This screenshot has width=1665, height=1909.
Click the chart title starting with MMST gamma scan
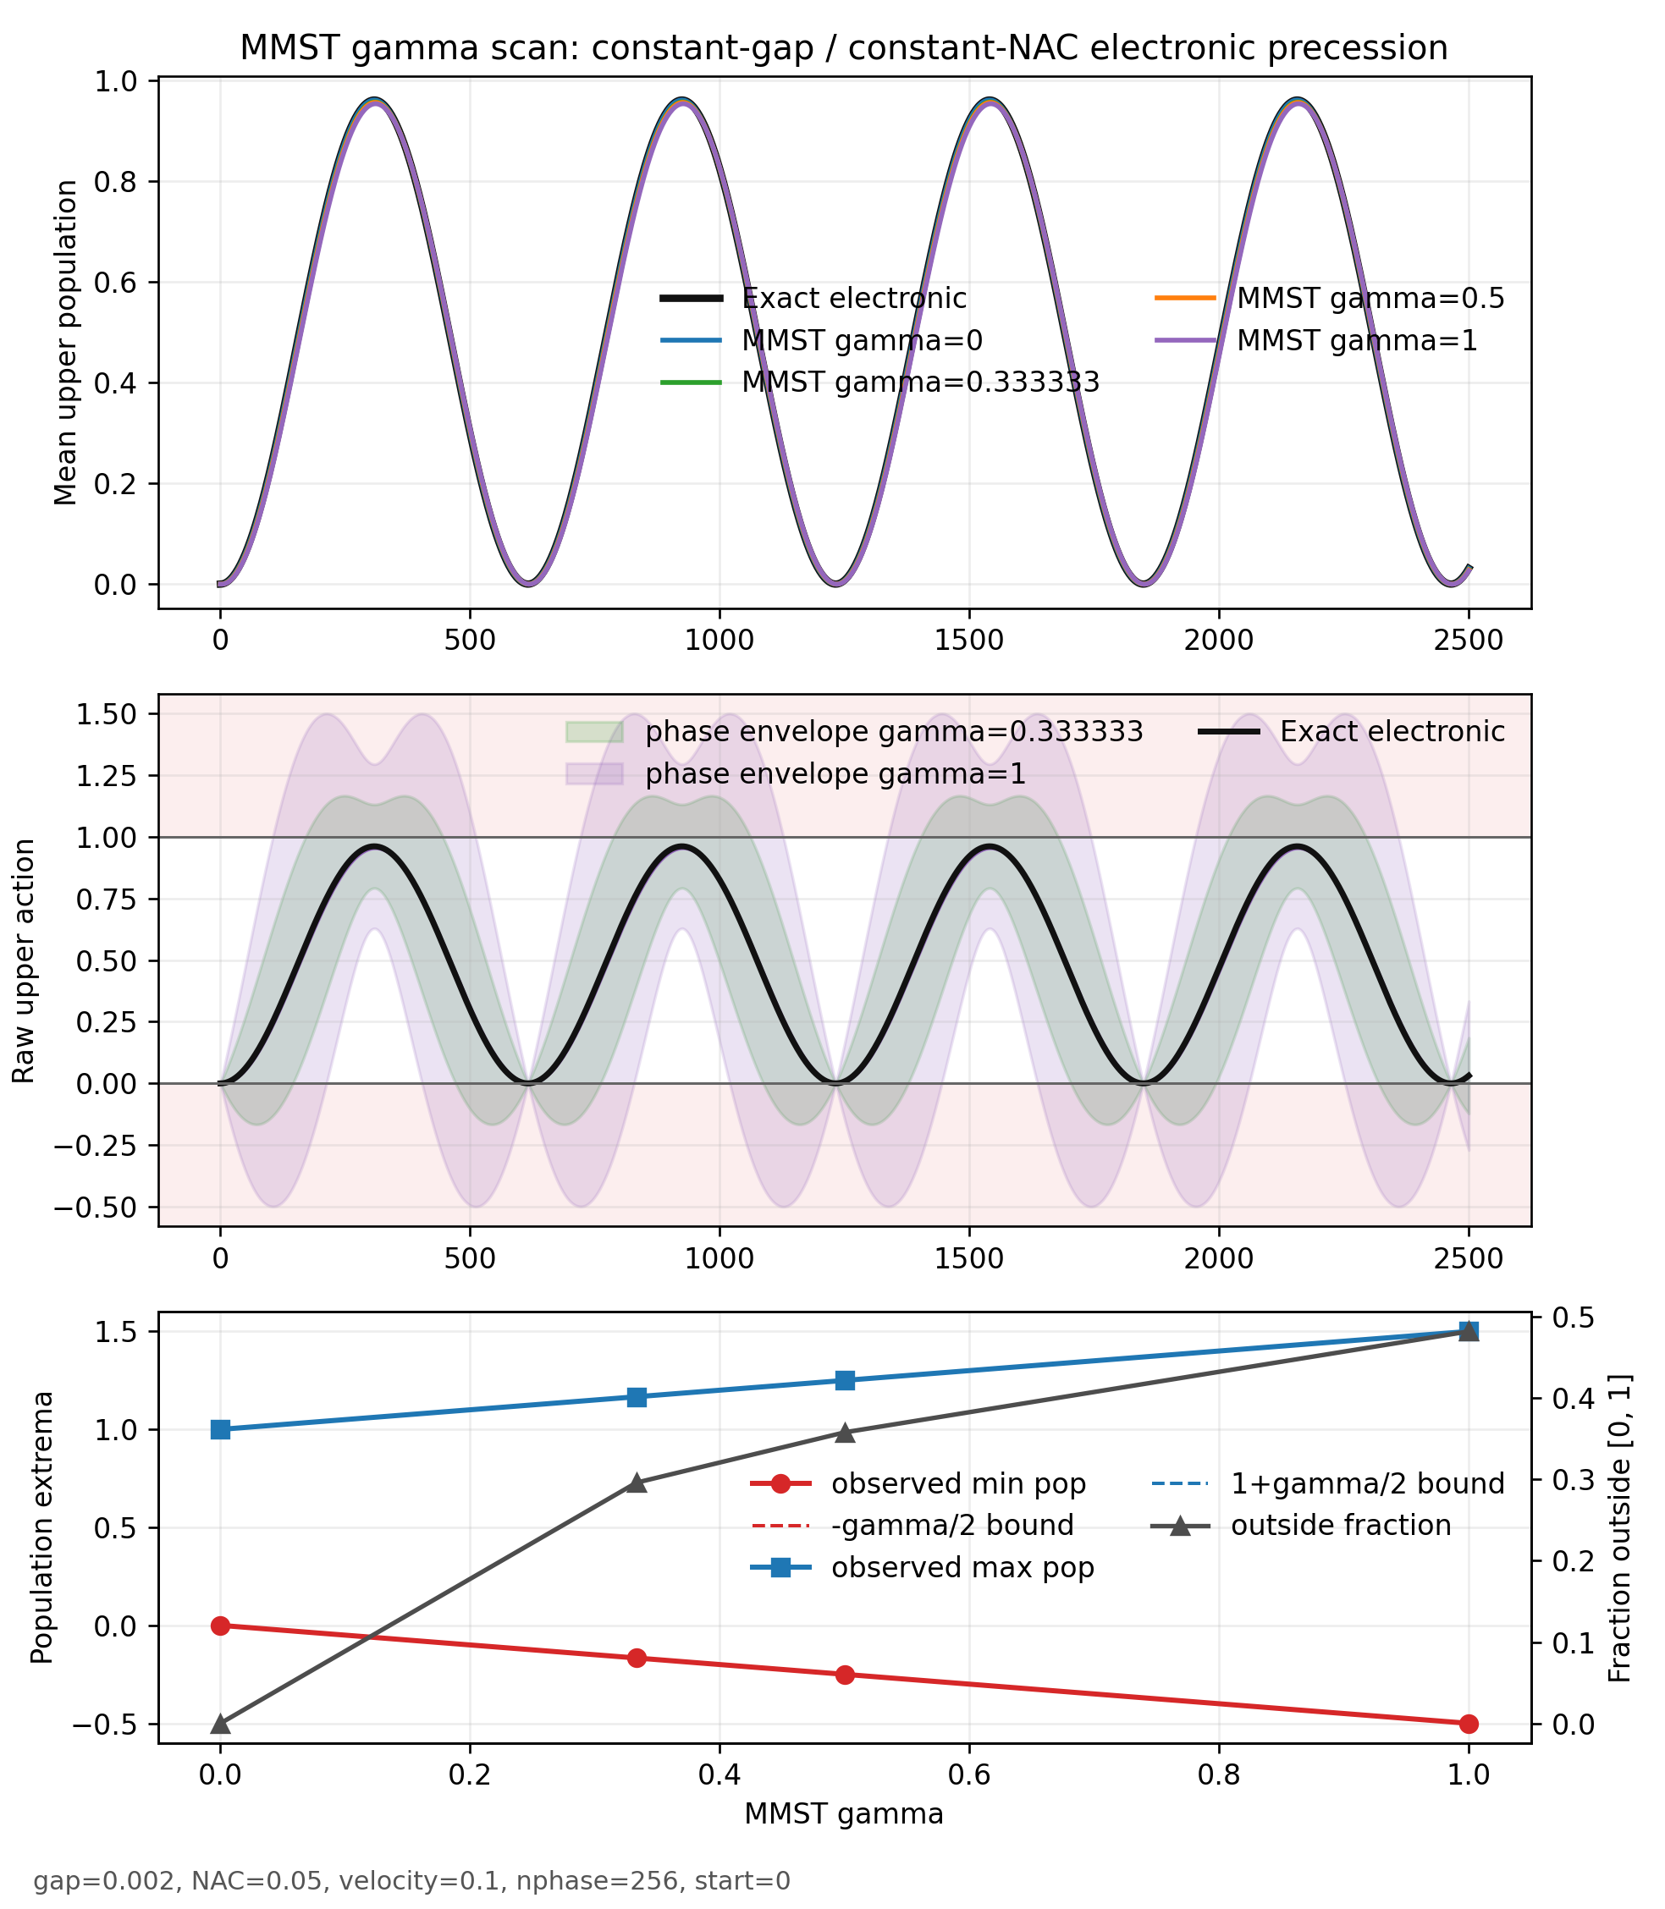[844, 47]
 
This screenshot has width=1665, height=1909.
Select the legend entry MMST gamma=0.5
[1330, 298]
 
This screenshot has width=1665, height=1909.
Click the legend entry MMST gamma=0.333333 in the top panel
[879, 382]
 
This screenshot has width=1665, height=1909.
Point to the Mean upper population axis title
[66, 343]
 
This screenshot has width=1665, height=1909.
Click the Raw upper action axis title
[23, 961]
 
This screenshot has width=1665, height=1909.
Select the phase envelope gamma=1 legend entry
[797, 773]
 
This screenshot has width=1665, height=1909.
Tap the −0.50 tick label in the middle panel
[96, 1208]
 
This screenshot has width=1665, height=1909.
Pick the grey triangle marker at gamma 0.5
[845, 1433]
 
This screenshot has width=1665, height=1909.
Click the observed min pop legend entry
[918, 1483]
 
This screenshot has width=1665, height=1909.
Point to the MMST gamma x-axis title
[844, 1813]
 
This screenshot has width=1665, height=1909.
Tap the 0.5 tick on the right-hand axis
[1569, 1318]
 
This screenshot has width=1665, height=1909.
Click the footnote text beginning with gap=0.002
[411, 1881]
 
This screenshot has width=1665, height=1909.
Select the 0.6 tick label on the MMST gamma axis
[969, 1775]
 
